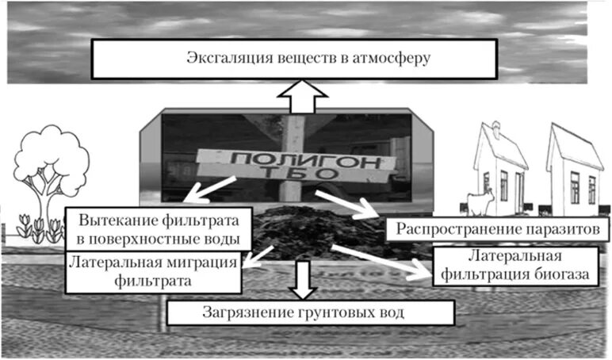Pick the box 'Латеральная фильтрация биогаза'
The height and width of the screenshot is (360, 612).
tap(515, 267)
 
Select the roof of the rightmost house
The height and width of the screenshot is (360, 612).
tap(573, 147)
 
